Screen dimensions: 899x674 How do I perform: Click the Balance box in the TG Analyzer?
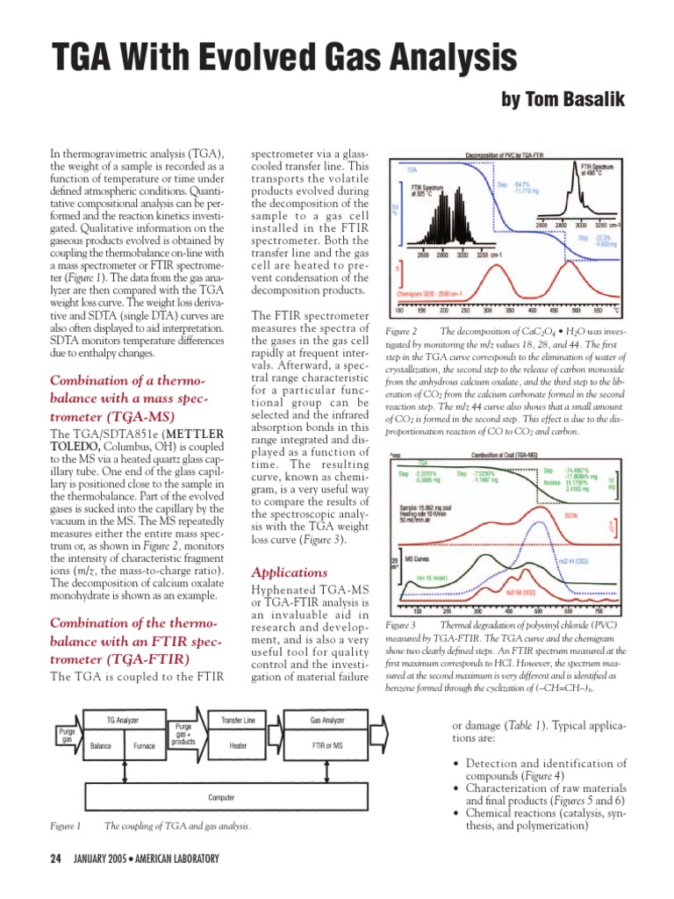click(101, 745)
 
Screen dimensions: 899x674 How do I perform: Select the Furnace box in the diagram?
click(144, 745)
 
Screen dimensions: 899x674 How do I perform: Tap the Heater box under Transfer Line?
click(238, 745)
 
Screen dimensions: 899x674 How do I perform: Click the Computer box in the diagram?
click(220, 797)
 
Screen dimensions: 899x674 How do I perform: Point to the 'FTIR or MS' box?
click(327, 745)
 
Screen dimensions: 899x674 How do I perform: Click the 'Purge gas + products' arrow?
click(184, 734)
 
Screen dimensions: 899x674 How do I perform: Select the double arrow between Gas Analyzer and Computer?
click(327, 772)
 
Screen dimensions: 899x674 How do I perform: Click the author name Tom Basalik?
click(563, 100)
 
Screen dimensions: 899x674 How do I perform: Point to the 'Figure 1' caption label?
click(65, 826)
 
